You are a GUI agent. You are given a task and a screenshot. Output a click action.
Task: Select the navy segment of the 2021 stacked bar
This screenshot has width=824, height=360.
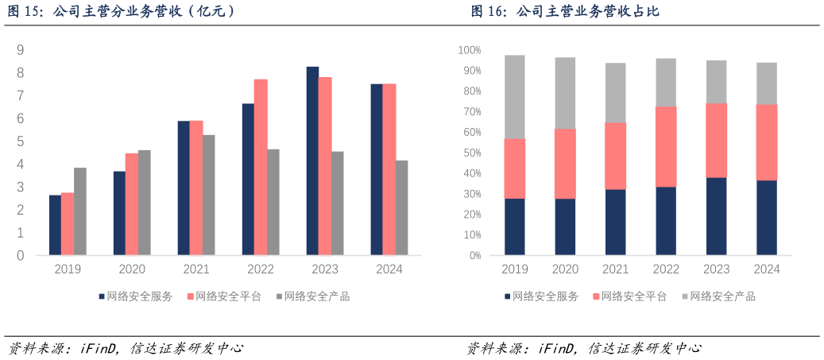[616, 222]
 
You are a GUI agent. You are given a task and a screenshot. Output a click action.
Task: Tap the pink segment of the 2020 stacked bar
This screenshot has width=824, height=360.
[565, 163]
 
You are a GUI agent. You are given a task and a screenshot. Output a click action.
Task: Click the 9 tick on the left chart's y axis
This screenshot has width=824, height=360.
[20, 50]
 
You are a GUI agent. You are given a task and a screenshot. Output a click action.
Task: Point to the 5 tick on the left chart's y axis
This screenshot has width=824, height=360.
[20, 141]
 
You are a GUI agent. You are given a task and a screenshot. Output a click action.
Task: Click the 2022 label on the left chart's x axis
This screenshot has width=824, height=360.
[261, 269]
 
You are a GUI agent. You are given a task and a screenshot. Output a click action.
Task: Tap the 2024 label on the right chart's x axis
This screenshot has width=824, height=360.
[767, 269]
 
